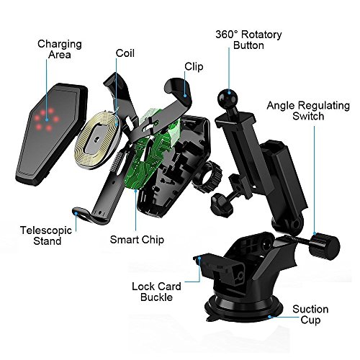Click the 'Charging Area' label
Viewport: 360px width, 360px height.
pyautogui.click(x=60, y=49)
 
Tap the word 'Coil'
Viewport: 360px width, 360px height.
pyautogui.click(x=125, y=53)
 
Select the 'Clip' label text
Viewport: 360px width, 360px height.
pyautogui.click(x=194, y=66)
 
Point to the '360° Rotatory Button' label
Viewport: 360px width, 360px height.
pyautogui.click(x=248, y=40)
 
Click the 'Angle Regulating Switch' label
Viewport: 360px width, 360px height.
pyautogui.click(x=308, y=111)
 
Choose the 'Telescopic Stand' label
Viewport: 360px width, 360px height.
pyautogui.click(x=46, y=235)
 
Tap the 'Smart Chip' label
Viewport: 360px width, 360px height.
pyautogui.click(x=137, y=240)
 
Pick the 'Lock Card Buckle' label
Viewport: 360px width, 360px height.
pyautogui.click(x=156, y=292)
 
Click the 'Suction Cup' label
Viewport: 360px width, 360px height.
pyautogui.click(x=310, y=315)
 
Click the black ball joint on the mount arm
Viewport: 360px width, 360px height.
pyautogui.click(x=228, y=98)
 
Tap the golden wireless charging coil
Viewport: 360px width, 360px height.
pyautogui.click(x=98, y=139)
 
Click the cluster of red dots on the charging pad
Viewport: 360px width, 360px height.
pyautogui.click(x=46, y=119)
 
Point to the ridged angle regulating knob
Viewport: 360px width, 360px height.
pyautogui.click(x=324, y=247)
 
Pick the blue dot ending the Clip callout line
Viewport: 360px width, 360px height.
pyautogui.click(x=185, y=96)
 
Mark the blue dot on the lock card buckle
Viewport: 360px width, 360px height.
pyautogui.click(x=199, y=258)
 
